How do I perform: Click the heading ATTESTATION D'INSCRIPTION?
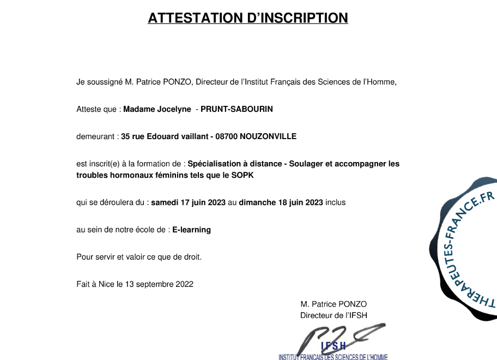[248, 17]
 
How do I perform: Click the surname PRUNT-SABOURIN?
[237, 109]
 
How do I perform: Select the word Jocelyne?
[174, 109]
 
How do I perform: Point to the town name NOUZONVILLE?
[268, 136]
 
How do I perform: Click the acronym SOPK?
[243, 175]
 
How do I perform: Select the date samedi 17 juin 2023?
[188, 202]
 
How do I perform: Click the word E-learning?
[191, 230]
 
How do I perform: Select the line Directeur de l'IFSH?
[334, 315]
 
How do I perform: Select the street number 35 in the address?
[125, 136]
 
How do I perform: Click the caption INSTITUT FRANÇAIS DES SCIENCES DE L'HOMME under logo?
[333, 357]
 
